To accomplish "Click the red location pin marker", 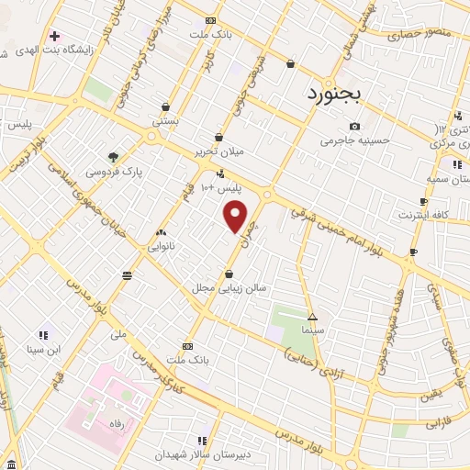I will click(236, 217).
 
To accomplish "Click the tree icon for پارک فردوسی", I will click(113, 157).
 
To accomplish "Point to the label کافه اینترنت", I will click(423, 214).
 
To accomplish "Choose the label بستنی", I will click(165, 120).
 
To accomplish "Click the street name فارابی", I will click(440, 425).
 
